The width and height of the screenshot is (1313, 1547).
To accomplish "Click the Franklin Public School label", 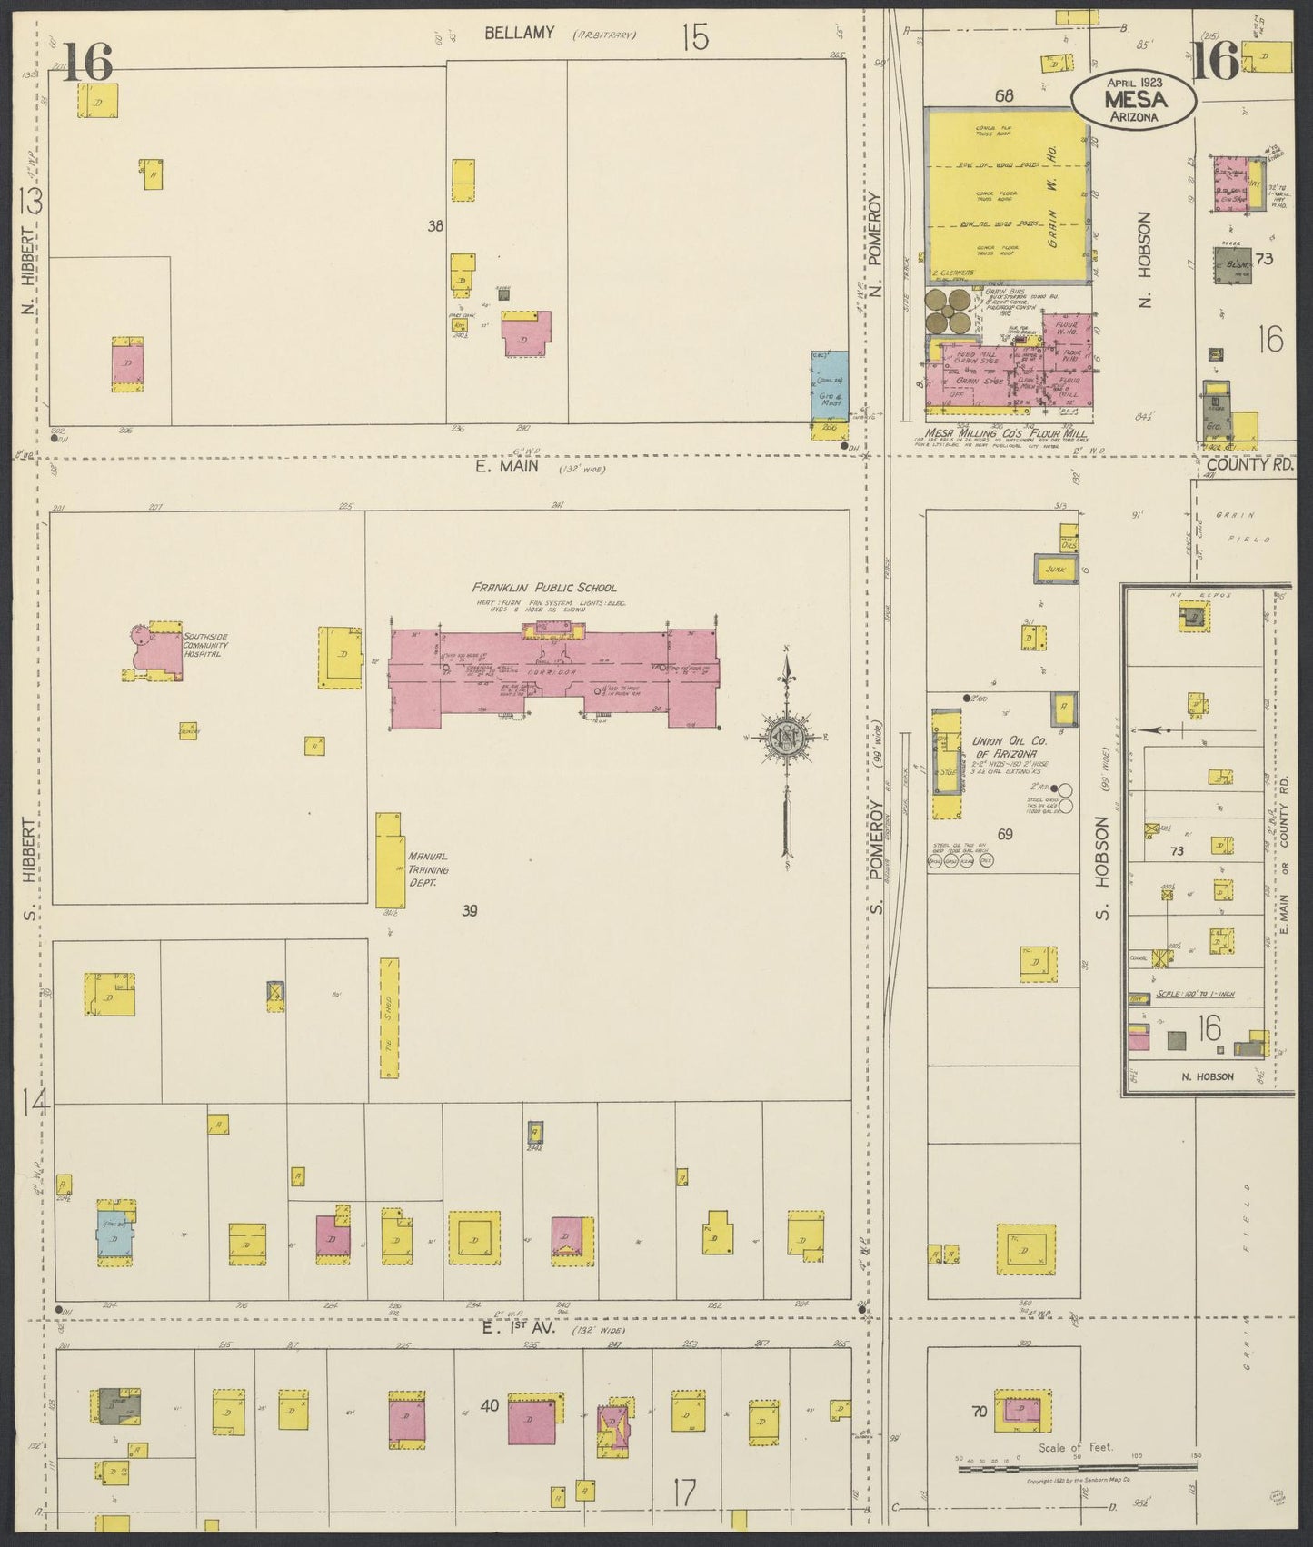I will coord(543,587).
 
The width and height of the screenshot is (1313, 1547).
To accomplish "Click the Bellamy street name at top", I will coord(519,34).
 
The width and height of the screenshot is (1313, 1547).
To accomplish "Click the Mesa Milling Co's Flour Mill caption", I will coord(1005,433).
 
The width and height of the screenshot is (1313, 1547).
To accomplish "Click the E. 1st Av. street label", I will coord(525,1328).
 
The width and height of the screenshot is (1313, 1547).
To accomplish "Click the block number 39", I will coord(469,910).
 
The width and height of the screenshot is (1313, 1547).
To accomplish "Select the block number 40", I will coord(490,1405).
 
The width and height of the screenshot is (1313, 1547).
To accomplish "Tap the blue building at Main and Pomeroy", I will coord(830,385).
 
